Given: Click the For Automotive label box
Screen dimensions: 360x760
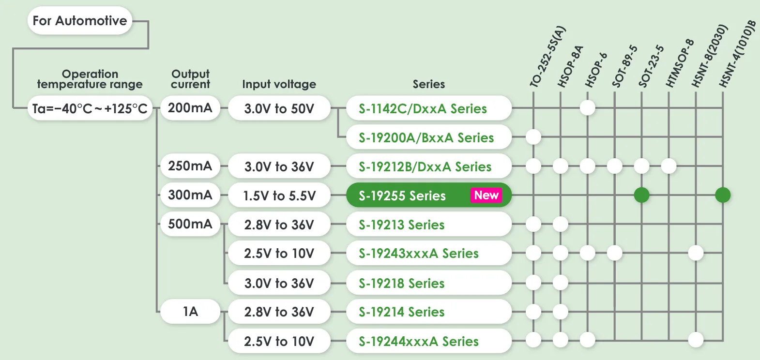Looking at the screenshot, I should [80, 21].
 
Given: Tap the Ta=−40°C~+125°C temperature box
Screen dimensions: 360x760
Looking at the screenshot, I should [90, 108].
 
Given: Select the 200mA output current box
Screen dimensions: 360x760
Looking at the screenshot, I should [190, 108].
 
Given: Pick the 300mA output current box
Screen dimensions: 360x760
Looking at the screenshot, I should [190, 195].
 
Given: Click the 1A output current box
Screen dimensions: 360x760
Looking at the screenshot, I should [190, 312].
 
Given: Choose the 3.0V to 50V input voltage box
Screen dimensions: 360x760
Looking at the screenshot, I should [279, 108].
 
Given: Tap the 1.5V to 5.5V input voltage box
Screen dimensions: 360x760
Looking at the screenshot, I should [279, 195].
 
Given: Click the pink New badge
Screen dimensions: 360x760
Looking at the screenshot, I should [486, 195].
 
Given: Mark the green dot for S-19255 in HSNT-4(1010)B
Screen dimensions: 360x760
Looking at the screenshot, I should [723, 195].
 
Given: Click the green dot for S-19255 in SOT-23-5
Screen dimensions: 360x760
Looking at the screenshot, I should [641, 195].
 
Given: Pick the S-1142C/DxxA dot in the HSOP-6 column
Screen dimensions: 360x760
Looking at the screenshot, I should [587, 107].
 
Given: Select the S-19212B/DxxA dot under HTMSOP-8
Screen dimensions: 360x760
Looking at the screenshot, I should [669, 166].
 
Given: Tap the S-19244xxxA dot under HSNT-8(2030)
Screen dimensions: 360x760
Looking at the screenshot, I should [696, 340].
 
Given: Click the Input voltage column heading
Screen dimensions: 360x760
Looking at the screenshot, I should [279, 84].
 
